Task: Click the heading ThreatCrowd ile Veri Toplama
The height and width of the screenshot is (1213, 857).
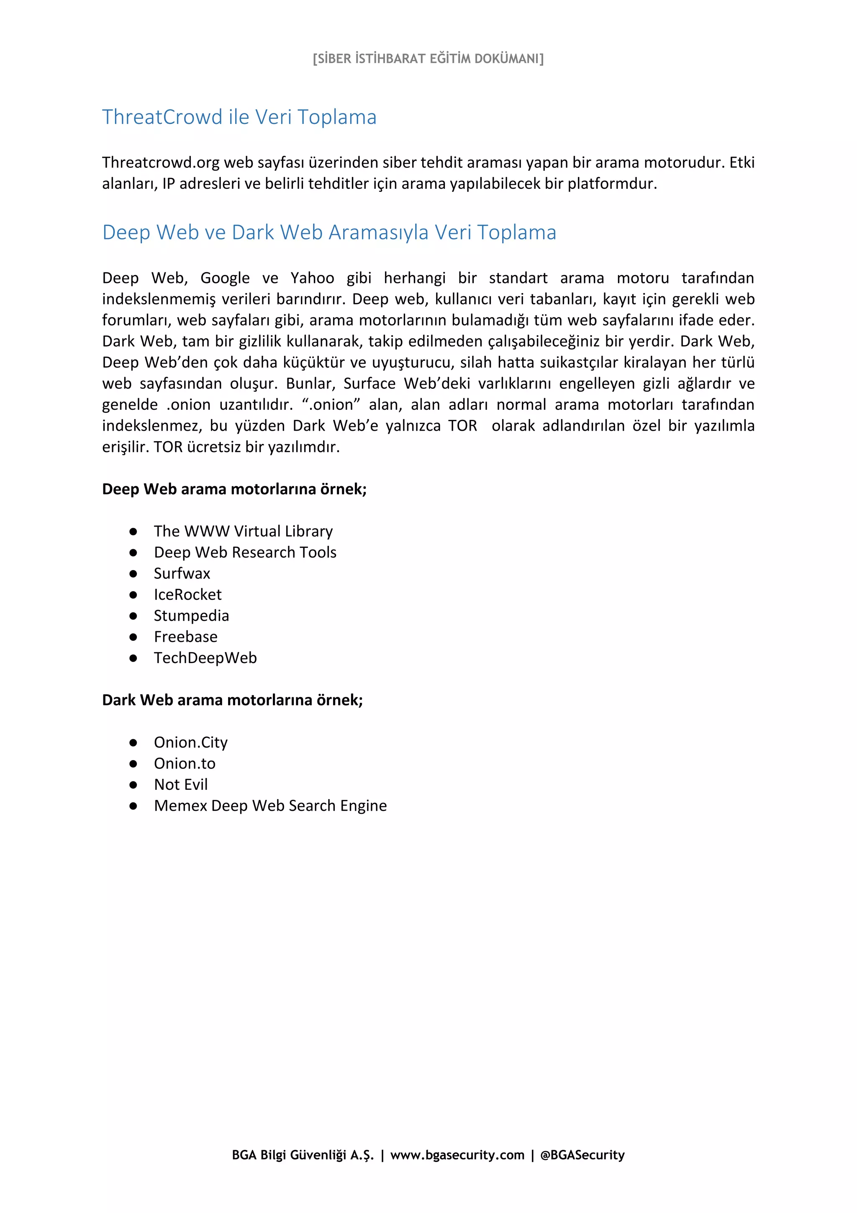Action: click(x=239, y=117)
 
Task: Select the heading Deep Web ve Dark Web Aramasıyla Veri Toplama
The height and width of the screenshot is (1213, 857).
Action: click(x=329, y=232)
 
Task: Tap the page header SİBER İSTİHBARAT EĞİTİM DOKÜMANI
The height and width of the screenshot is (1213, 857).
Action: click(x=428, y=59)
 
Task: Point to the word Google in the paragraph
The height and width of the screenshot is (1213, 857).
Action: click(x=225, y=278)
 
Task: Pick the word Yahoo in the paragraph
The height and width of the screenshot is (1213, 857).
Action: click(x=312, y=278)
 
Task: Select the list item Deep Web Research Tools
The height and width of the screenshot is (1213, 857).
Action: click(x=245, y=552)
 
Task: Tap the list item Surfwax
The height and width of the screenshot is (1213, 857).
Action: click(x=182, y=573)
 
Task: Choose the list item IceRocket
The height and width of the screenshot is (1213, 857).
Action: click(x=187, y=594)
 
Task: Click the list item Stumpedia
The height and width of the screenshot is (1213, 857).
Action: click(x=191, y=615)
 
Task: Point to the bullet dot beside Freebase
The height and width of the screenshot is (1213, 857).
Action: click(x=133, y=637)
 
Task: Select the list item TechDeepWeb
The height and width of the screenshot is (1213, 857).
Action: click(x=205, y=658)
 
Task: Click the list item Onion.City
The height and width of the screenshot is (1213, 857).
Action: click(x=191, y=742)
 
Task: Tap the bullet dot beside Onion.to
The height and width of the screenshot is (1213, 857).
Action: click(x=133, y=764)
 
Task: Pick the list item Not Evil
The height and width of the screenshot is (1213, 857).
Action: click(x=181, y=784)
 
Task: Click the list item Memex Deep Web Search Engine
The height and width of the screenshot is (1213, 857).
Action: click(x=270, y=806)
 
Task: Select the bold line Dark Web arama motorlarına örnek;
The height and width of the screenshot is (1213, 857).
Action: click(x=232, y=700)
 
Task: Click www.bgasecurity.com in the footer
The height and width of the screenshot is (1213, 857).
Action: click(x=457, y=1155)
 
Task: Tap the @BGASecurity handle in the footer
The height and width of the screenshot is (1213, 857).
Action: click(x=582, y=1155)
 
